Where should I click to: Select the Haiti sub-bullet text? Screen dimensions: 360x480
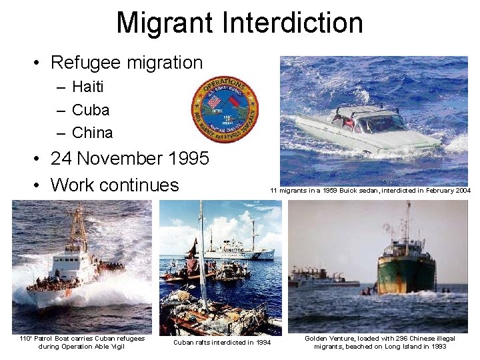click(87, 87)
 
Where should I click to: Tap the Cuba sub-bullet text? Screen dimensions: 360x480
click(90, 109)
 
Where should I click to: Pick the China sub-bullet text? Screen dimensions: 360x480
click(92, 132)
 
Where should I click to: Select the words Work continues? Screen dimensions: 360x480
click(115, 185)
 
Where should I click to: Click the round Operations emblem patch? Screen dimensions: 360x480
click(225, 109)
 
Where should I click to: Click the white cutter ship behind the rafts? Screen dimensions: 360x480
click(237, 250)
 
